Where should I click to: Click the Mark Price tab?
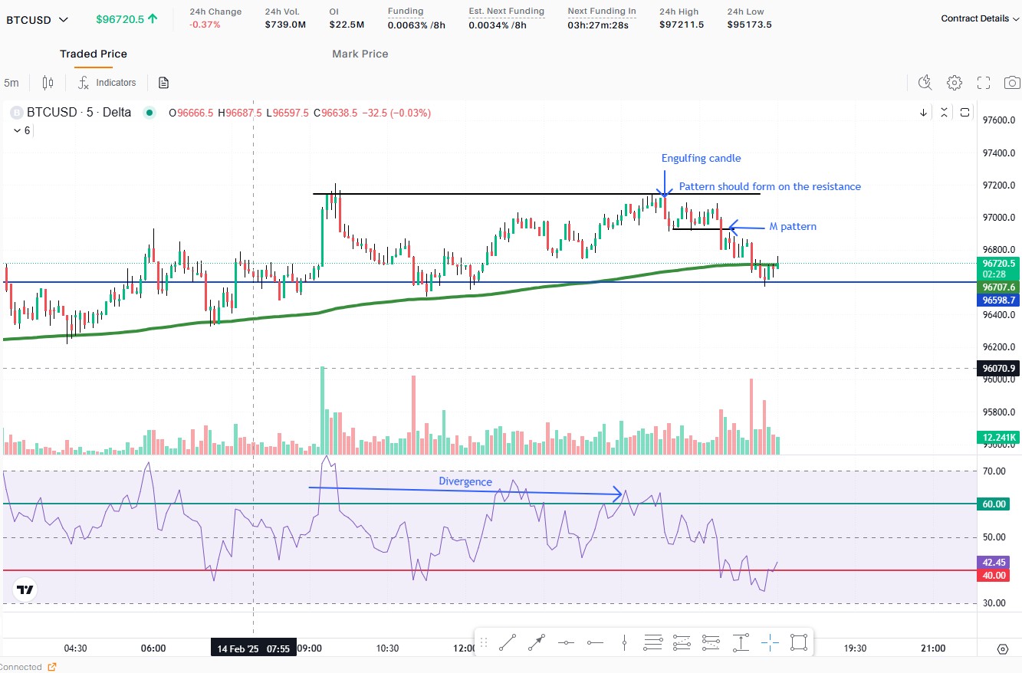click(360, 54)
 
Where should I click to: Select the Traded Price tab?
click(94, 54)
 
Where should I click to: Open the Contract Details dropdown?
click(979, 18)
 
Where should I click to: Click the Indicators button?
click(107, 83)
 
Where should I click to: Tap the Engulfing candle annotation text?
click(701, 159)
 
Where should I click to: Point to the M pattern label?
click(793, 227)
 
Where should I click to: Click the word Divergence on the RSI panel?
click(465, 481)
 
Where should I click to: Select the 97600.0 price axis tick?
click(998, 120)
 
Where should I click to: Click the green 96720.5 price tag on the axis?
click(998, 263)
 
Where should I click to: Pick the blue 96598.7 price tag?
click(998, 300)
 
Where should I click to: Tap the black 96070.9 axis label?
click(998, 369)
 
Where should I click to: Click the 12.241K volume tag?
click(998, 438)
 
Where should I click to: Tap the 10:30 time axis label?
click(387, 648)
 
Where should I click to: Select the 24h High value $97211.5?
click(682, 25)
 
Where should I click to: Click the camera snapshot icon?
click(1012, 83)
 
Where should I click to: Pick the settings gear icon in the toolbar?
click(955, 83)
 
